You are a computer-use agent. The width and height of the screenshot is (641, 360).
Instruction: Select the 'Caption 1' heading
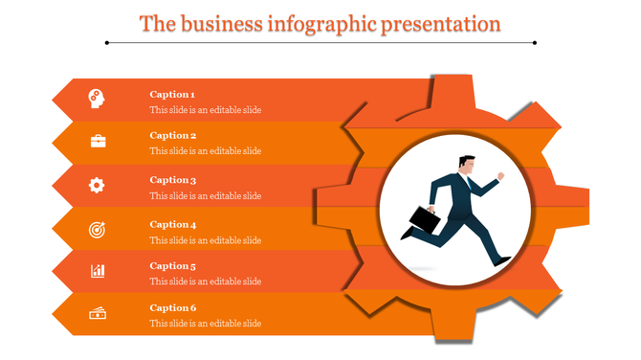tap(172, 95)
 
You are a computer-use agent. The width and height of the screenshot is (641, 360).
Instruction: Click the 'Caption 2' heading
tap(172, 136)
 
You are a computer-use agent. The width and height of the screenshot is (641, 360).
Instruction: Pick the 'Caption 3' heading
tap(172, 180)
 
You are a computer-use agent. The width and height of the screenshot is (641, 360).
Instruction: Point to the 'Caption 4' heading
tap(172, 225)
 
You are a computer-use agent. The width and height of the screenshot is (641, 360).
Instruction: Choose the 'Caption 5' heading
tap(172, 266)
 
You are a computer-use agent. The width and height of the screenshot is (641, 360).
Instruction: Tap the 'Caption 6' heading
tap(172, 308)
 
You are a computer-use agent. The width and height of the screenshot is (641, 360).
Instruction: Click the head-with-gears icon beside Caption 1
tap(98, 97)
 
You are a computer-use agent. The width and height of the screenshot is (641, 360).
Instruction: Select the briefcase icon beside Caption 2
tap(98, 142)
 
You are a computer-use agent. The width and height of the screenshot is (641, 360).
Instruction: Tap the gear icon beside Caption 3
tap(98, 185)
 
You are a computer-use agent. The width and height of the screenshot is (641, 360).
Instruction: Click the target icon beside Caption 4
tap(98, 229)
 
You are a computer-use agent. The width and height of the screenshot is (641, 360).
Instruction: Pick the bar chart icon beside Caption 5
tap(98, 271)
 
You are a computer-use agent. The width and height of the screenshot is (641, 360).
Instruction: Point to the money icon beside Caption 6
tap(98, 313)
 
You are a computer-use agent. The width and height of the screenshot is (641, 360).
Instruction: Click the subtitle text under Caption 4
tap(205, 240)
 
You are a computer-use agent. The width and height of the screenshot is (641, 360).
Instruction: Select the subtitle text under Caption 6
tap(205, 324)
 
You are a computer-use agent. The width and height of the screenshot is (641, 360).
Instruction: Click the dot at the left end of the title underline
tap(107, 42)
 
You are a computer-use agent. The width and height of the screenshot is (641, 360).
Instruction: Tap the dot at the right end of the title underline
tap(534, 42)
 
